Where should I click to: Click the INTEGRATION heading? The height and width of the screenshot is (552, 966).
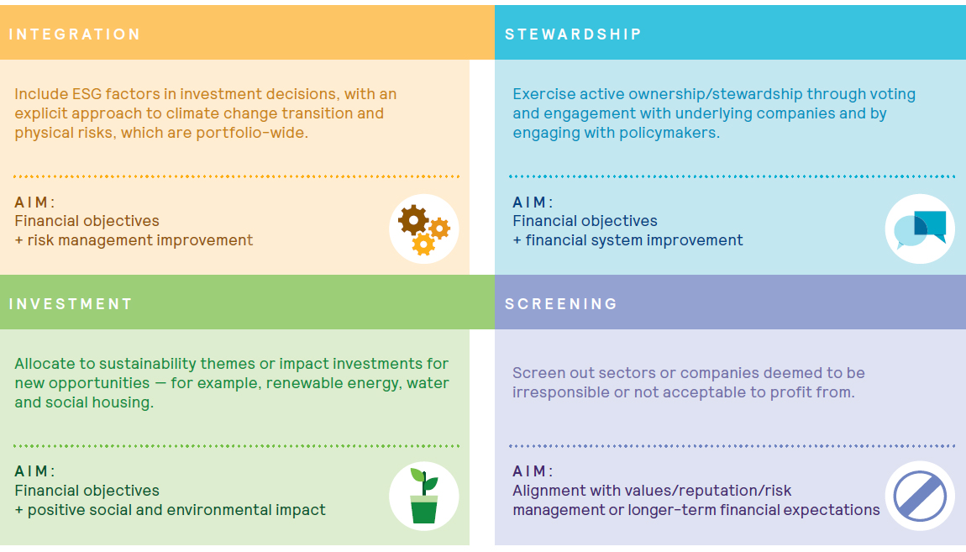pos(75,34)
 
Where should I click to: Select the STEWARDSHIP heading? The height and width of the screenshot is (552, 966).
pos(573,34)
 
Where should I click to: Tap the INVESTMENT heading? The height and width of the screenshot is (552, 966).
pos(71,304)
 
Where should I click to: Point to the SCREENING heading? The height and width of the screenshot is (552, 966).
pos(560,304)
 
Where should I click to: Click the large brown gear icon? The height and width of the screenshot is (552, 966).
pos(412,219)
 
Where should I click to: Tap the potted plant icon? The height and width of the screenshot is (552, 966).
pos(424,496)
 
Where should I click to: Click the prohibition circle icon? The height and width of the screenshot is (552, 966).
pos(920,496)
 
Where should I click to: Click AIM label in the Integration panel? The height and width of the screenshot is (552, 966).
pos(34,202)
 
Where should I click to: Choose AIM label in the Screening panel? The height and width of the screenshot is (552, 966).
pos(533,471)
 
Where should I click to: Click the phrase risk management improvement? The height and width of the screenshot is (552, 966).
pos(139,240)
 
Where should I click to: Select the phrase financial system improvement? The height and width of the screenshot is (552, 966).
pos(634,240)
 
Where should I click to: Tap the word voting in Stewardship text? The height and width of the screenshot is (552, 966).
pos(892,94)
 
